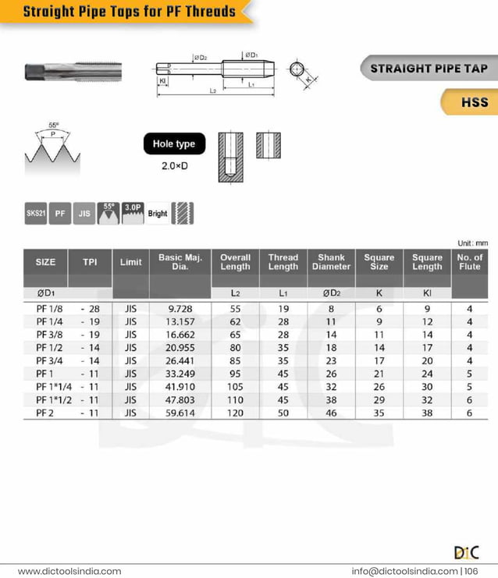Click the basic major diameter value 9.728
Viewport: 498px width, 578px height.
pos(180,309)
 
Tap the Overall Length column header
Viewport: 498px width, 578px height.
pos(235,262)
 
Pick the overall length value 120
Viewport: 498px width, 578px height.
pos(235,413)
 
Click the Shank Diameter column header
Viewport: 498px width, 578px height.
pos(331,262)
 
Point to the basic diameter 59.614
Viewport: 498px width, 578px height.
pos(180,413)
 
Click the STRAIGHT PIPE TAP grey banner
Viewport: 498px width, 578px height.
pos(429,68)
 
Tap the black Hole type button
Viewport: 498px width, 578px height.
pos(174,144)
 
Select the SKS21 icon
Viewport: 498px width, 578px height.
pos(35,213)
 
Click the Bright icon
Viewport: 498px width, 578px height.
pos(158,213)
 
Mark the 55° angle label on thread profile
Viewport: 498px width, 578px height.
pos(53,125)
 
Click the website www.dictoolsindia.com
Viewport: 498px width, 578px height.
pos(69,571)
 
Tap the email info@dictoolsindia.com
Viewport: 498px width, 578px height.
pos(404,571)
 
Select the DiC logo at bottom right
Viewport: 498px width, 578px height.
pos(466,552)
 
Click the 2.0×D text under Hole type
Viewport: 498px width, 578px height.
pos(174,166)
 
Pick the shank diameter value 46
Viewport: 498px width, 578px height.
pos(331,413)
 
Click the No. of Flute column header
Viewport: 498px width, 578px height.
pos(469,262)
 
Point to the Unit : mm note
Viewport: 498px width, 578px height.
pos(471,243)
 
